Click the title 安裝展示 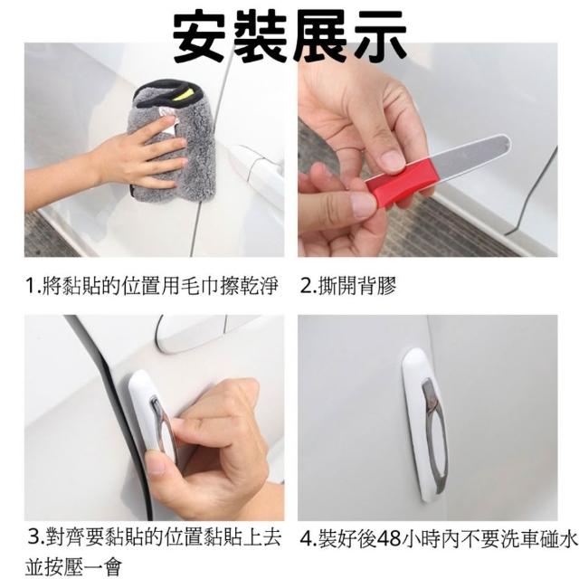(289, 36)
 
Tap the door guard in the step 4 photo (424, 424)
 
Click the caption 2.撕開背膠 (347, 286)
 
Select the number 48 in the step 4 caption (389, 539)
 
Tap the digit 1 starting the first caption (31, 286)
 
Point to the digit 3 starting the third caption (34, 536)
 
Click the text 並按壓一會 (73, 566)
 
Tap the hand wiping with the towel (144, 155)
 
